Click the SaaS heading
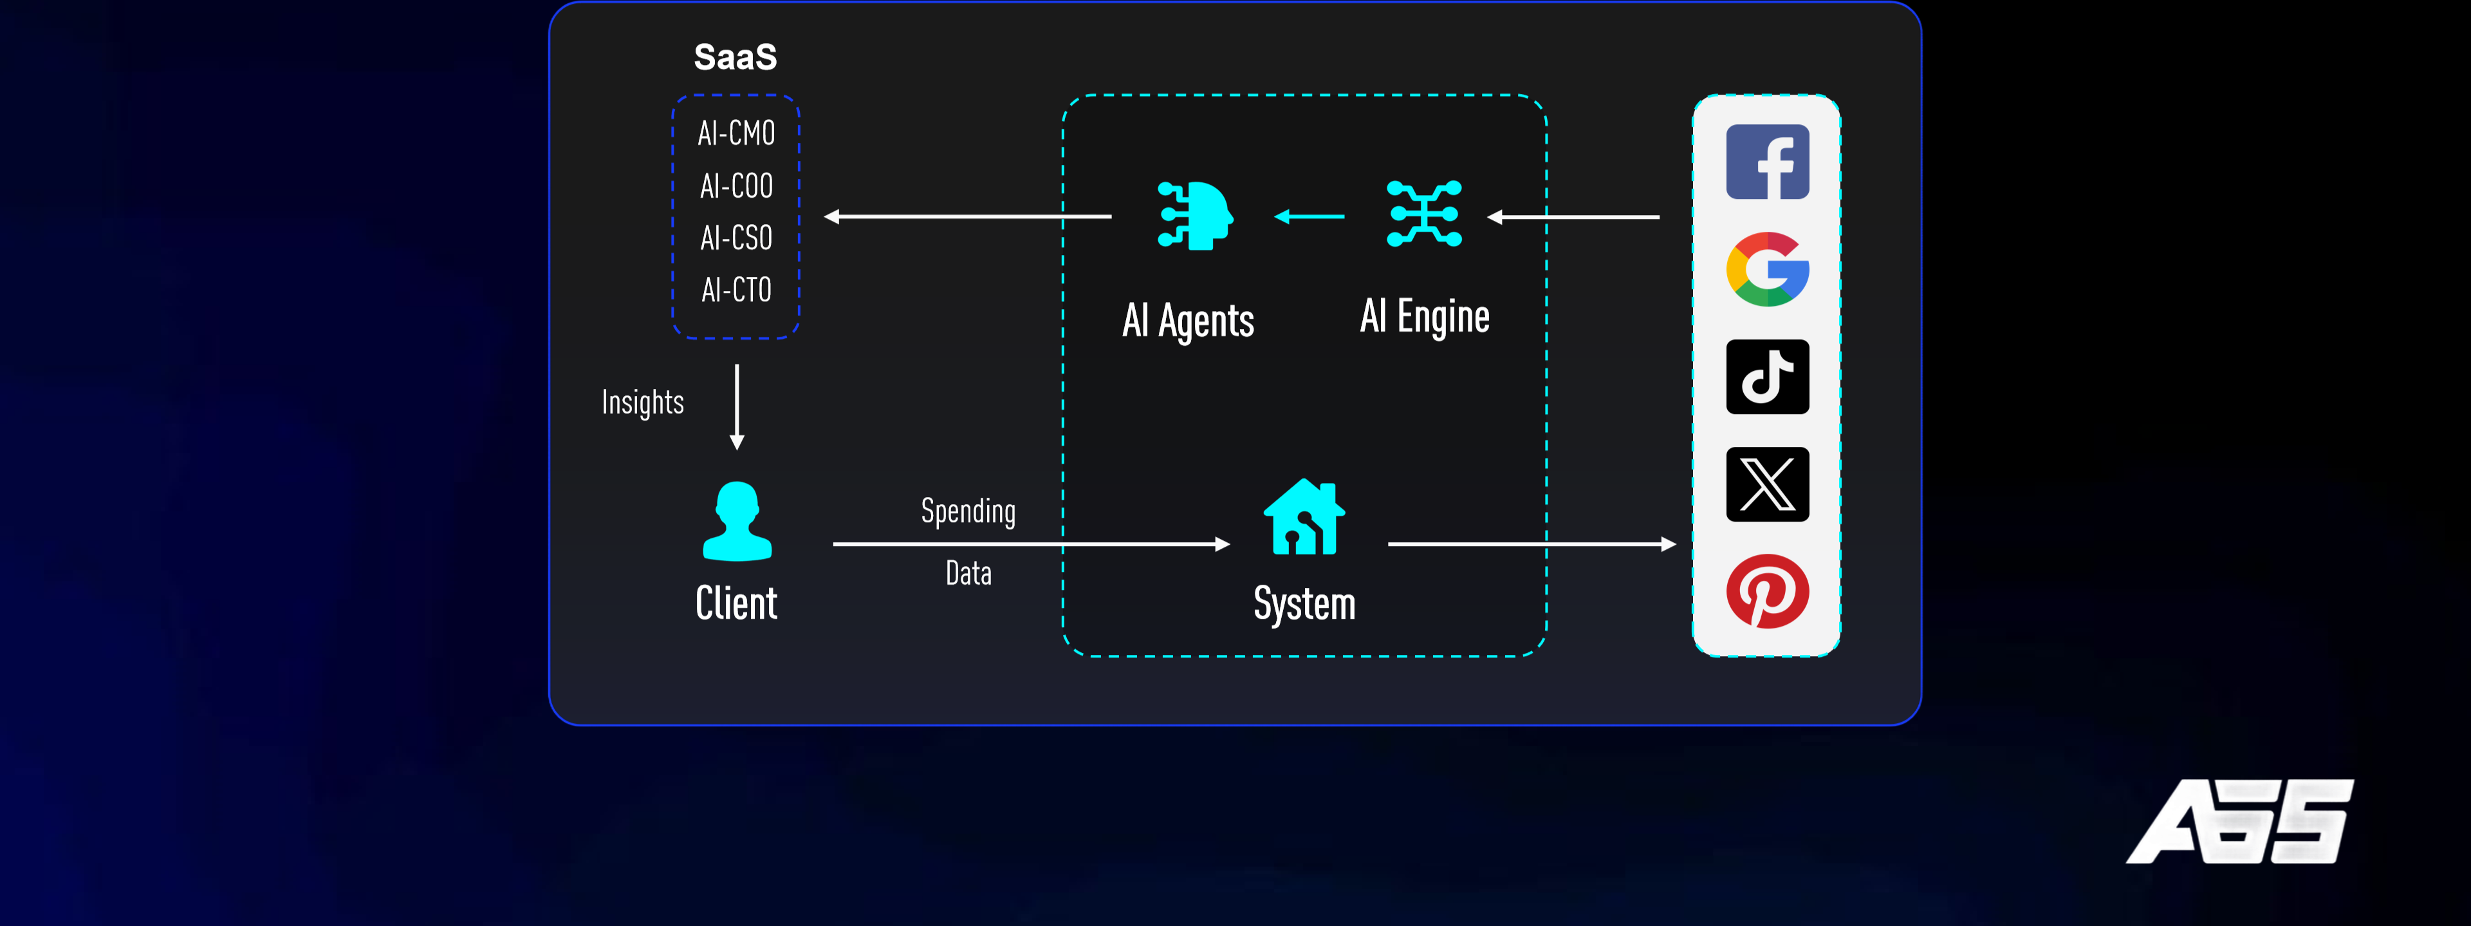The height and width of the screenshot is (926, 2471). [x=735, y=57]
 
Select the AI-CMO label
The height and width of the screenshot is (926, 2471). [x=736, y=133]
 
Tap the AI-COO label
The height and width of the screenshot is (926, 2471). [x=736, y=186]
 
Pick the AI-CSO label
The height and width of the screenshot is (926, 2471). [x=736, y=238]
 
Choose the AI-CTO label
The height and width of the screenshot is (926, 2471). [x=736, y=290]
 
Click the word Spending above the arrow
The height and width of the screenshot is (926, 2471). [x=968, y=511]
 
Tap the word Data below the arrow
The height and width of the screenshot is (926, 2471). [x=968, y=574]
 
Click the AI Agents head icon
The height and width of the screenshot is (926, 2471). [x=1195, y=216]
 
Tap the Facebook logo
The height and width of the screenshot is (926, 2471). [x=1767, y=162]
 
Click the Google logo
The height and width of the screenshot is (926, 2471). [x=1767, y=270]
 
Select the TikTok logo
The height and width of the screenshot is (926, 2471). [x=1767, y=377]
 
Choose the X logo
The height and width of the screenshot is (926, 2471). [x=1767, y=485]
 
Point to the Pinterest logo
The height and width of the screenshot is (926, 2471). [x=1767, y=591]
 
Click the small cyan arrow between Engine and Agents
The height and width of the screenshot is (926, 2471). [x=1310, y=217]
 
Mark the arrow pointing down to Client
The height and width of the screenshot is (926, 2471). [x=737, y=407]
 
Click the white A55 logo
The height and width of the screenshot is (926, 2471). [x=2240, y=822]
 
